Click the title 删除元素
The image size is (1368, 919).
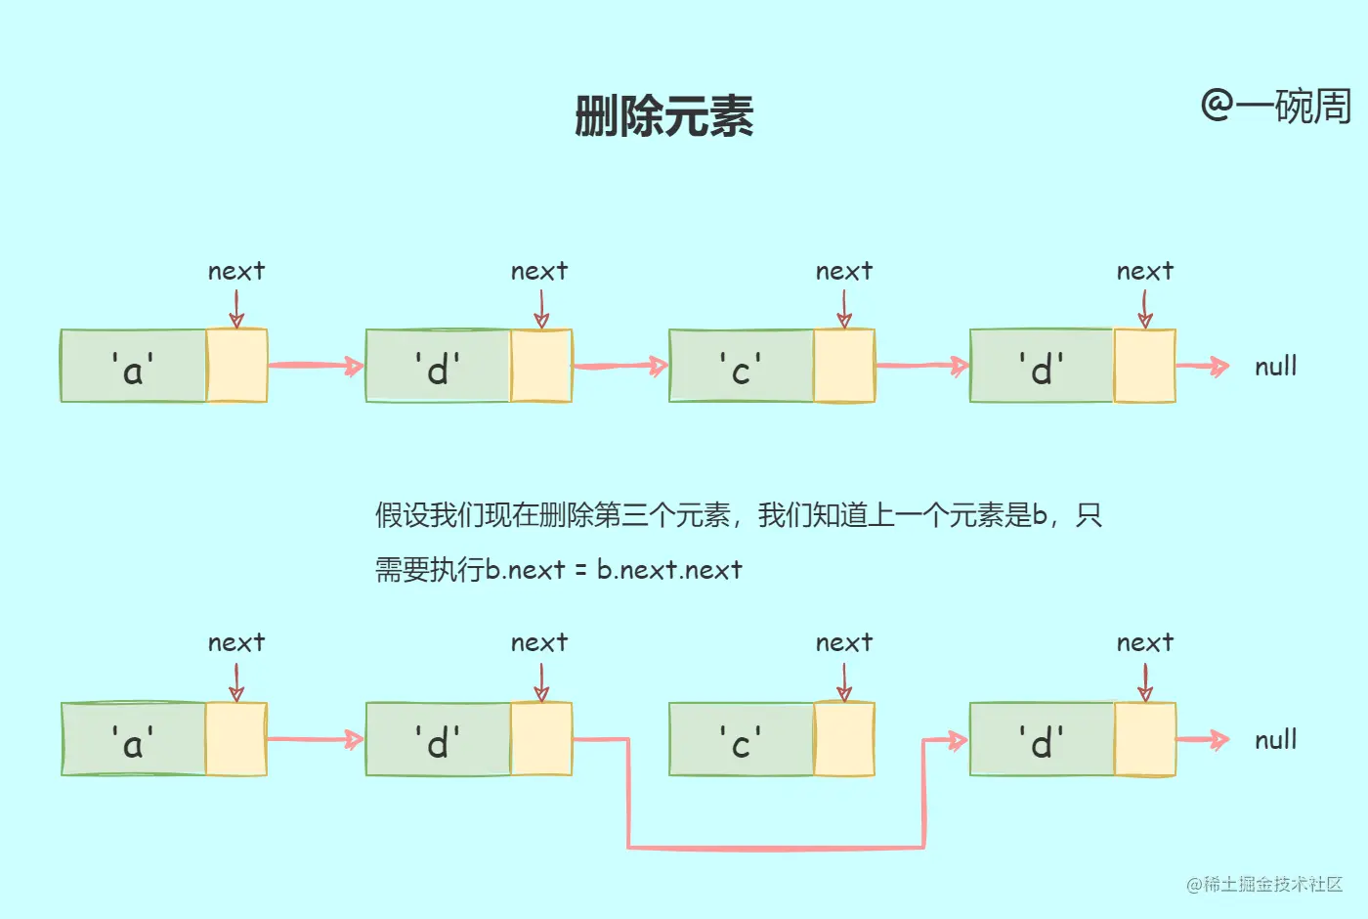tap(663, 116)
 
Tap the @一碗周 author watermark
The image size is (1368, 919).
tap(1275, 106)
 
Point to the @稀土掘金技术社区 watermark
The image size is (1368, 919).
tap(1264, 884)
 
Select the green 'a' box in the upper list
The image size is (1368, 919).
tap(134, 367)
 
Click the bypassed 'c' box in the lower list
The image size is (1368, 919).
tap(741, 740)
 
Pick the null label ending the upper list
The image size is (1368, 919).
tap(1275, 367)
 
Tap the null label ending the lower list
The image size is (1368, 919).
tap(1275, 740)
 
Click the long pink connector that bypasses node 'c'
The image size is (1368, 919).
tap(775, 847)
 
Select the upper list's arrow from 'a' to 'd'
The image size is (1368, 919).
tap(315, 367)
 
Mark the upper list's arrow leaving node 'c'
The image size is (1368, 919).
tap(920, 367)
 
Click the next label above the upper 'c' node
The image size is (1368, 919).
tap(844, 271)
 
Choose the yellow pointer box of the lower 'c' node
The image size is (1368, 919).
tap(844, 740)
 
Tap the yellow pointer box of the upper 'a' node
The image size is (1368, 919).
tap(236, 367)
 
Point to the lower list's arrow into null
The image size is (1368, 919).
tap(1202, 740)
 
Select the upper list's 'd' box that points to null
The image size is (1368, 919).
tap(1042, 367)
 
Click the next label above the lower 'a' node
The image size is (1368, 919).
tap(236, 642)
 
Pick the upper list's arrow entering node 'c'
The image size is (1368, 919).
tap(620, 367)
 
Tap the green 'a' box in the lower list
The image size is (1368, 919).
tap(134, 740)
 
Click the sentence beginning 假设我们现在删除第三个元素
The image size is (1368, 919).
tap(738, 515)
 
